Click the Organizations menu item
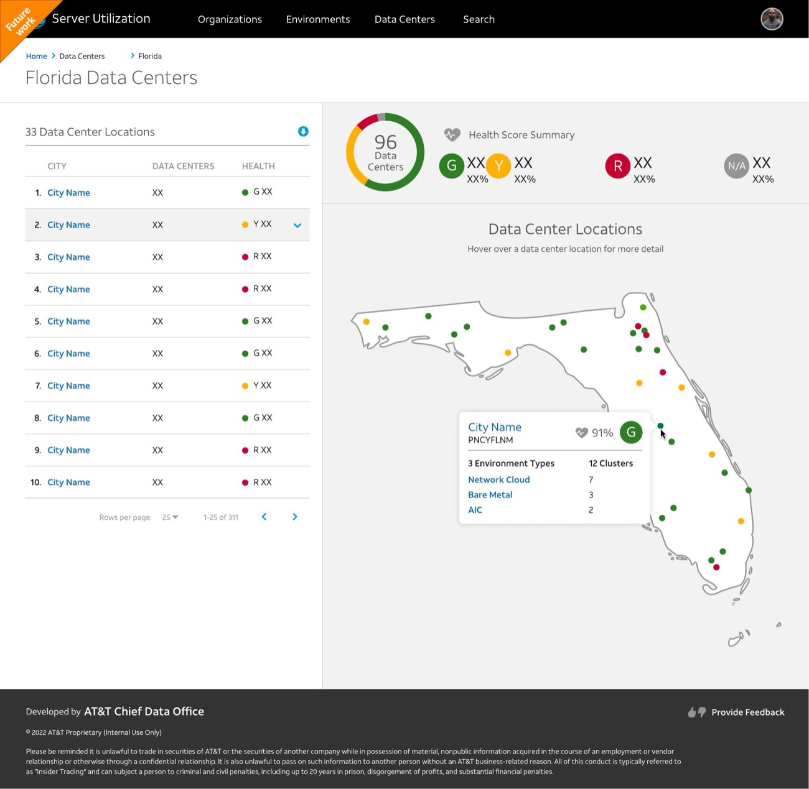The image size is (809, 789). point(230,19)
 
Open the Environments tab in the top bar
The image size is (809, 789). point(317,19)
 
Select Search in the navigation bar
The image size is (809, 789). point(479,19)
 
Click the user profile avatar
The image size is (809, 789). point(772,19)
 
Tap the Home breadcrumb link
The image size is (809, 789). point(36,56)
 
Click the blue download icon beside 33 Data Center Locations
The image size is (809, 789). point(303,131)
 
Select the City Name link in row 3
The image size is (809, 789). point(68,257)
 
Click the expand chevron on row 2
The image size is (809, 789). point(297,225)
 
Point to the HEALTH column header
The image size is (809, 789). point(258,166)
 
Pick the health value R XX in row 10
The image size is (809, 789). point(262,482)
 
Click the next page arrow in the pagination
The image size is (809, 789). point(295,517)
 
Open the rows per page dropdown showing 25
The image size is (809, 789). point(170,517)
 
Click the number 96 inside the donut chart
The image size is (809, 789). point(385,142)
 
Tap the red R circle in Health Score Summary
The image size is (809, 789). point(617,165)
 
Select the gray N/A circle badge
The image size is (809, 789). point(736,166)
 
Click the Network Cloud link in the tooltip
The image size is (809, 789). point(498,479)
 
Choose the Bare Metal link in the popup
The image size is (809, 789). point(490,494)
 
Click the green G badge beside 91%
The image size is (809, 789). point(630,432)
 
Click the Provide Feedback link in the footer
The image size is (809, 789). point(747,712)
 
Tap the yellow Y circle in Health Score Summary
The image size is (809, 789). point(498,165)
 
